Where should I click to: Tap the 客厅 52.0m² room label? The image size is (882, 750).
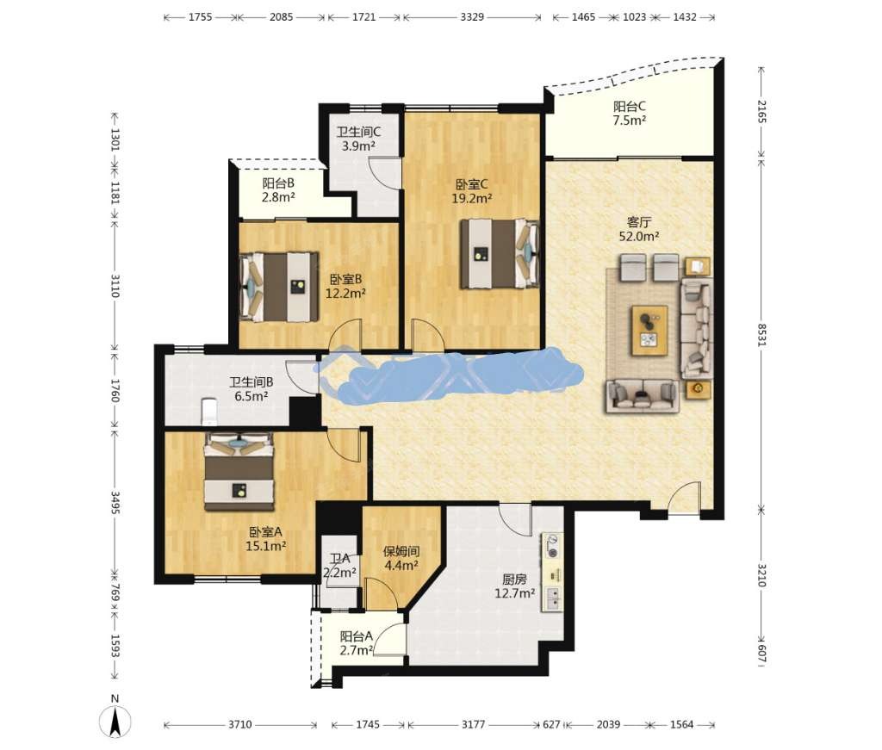tap(639, 229)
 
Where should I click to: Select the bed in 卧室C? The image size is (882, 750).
tap(500, 254)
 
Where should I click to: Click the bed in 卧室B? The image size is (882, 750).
tap(279, 287)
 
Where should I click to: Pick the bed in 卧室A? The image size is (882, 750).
tap(239, 472)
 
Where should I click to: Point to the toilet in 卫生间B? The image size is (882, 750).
tap(208, 411)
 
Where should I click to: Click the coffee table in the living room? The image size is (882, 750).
tap(649, 331)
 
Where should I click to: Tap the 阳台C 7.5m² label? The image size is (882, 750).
tap(630, 113)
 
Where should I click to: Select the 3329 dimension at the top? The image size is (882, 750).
tap(472, 17)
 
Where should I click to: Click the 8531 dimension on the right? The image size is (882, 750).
tap(761, 335)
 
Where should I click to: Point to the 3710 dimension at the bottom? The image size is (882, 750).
tap(239, 725)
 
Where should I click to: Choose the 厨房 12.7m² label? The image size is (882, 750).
tap(515, 586)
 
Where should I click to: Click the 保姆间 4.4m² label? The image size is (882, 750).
tap(401, 558)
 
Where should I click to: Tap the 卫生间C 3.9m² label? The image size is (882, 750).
tap(359, 139)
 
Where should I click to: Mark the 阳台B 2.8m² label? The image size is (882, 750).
tap(278, 190)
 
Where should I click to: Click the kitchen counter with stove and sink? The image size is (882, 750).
tap(552, 572)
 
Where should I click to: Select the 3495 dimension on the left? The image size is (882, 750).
tap(115, 503)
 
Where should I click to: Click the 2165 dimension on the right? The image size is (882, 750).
tap(761, 111)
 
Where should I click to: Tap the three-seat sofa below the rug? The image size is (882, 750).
tap(642, 396)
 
